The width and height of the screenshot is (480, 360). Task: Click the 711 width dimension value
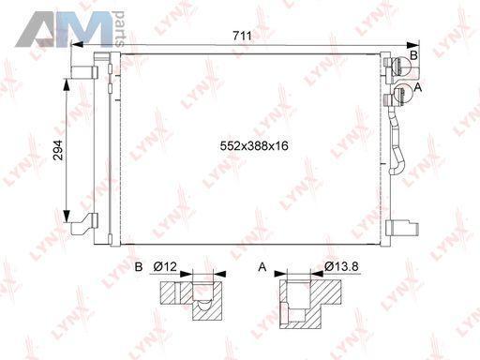242,36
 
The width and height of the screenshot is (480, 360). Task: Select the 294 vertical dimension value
58,150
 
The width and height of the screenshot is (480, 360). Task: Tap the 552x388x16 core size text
254,146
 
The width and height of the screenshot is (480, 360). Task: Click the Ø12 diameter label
165,267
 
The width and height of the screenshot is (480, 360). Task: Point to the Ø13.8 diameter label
341,266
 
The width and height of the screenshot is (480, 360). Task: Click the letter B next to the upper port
413,55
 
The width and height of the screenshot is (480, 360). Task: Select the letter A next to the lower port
417,87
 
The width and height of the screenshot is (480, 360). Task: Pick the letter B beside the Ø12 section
139,267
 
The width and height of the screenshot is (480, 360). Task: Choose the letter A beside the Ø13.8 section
262,267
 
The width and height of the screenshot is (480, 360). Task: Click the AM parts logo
70,29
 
